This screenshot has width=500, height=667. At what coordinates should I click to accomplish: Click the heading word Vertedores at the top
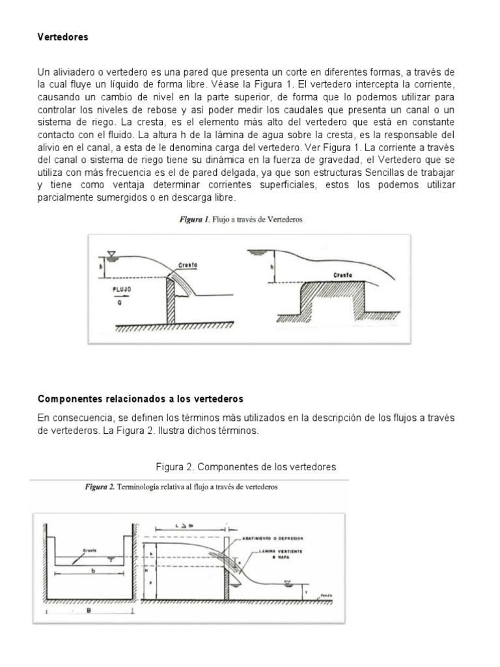tap(62, 37)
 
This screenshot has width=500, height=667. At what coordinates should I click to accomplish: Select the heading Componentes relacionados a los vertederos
tap(141, 398)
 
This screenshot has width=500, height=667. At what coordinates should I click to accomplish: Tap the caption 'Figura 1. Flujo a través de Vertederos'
tap(242, 220)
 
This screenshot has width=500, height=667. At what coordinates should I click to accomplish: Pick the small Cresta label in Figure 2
tap(89, 551)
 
